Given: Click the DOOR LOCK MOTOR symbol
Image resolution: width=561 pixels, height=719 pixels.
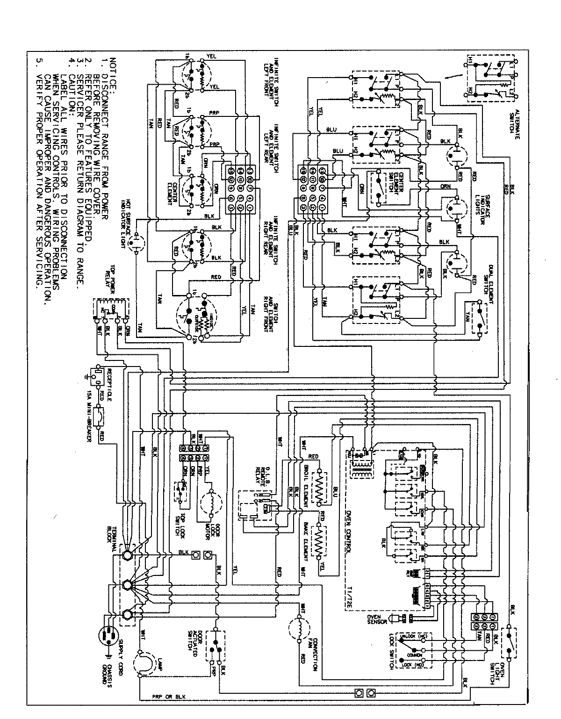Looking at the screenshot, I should tap(211, 505).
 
